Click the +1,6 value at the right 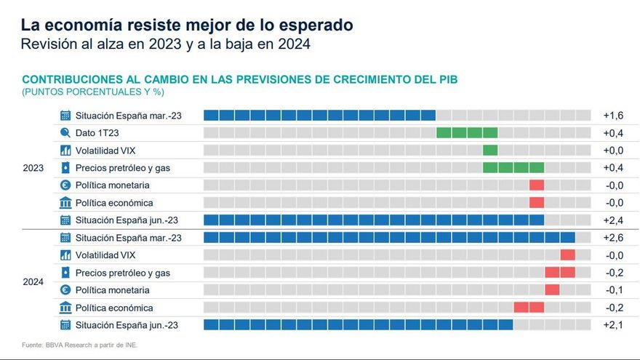point(613,116)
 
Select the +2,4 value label point(613,220)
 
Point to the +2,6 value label point(613,238)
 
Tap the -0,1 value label point(614,290)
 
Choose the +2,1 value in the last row point(613,325)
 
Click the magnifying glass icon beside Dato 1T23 point(65,133)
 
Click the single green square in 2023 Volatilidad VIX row point(490,151)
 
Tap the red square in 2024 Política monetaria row point(552,290)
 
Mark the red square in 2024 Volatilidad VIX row point(567,255)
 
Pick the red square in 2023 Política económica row point(537,203)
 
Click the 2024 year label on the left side point(33,281)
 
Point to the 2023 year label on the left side point(33,168)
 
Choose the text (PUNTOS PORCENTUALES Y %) point(93,92)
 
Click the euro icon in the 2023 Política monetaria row point(65,185)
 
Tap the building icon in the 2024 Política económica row point(65,308)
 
